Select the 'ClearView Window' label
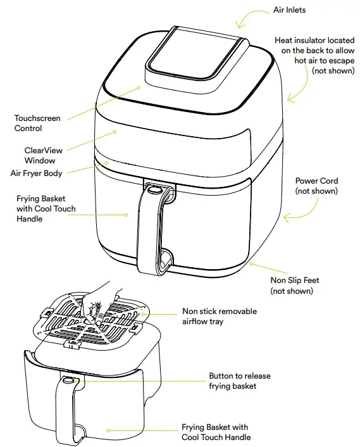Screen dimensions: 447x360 click(x=44, y=156)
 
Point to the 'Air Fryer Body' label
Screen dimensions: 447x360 click(x=37, y=173)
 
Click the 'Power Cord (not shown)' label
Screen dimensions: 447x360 click(x=316, y=186)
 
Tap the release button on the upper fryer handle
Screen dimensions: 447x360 click(x=154, y=189)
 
